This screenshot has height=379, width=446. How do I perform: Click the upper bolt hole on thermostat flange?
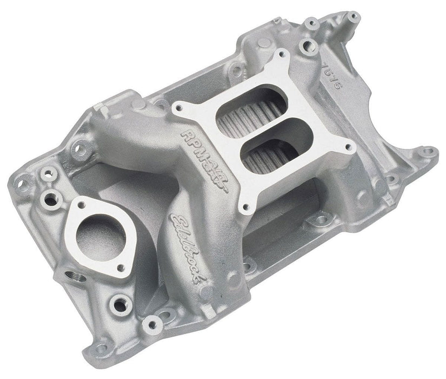83,205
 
